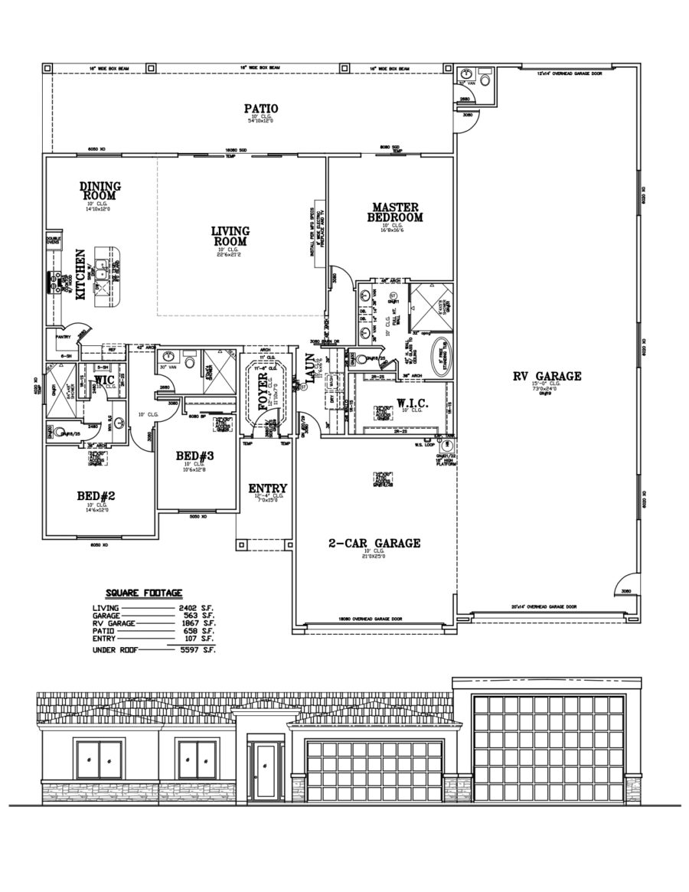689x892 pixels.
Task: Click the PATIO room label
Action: (260, 109)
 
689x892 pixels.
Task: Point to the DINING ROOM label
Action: (100, 190)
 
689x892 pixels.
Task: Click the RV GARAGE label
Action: (547, 376)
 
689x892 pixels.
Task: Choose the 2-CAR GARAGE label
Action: (374, 543)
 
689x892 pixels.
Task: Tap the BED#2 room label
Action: (96, 495)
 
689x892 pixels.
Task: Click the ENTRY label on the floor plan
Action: (267, 488)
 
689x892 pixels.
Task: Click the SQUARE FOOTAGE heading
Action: (144, 593)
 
